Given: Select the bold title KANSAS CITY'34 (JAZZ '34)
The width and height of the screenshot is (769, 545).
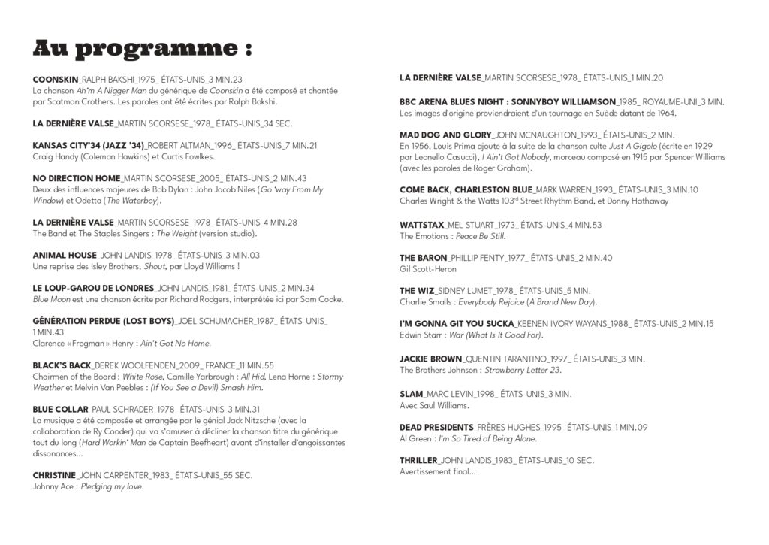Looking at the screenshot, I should pos(88,145).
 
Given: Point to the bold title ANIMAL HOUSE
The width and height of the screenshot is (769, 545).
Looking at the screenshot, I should pos(65,256).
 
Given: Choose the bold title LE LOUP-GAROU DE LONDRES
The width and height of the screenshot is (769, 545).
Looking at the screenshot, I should pos(93,288).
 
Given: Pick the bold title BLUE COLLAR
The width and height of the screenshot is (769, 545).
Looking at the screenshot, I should pos(61,410).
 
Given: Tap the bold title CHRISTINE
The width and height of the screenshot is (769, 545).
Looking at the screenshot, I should pos(54,475).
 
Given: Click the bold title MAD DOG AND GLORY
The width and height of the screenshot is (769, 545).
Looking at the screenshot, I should pos(445,135).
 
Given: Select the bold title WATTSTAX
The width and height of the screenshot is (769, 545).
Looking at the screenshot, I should pos(421,225).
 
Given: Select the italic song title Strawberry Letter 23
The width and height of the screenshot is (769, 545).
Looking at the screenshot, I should pos(523,370).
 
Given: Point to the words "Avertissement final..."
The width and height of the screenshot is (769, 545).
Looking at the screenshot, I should pos(437,471).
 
